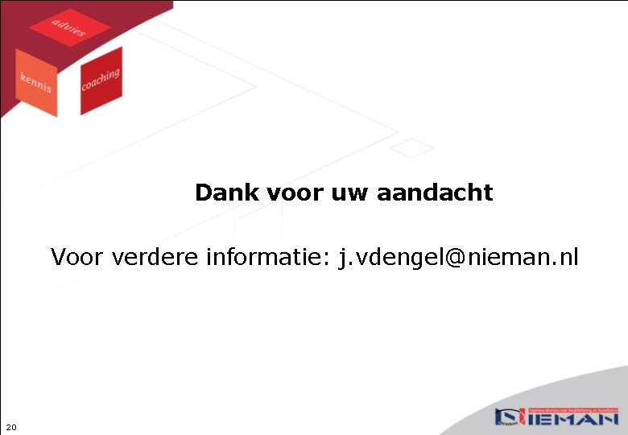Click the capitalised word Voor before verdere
(x=78, y=258)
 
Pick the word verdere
(x=156, y=258)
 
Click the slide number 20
(x=10, y=427)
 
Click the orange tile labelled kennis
(x=36, y=81)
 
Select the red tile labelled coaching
(x=101, y=80)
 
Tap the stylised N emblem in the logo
(x=509, y=417)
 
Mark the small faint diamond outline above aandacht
(x=412, y=147)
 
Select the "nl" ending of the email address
(x=568, y=258)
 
